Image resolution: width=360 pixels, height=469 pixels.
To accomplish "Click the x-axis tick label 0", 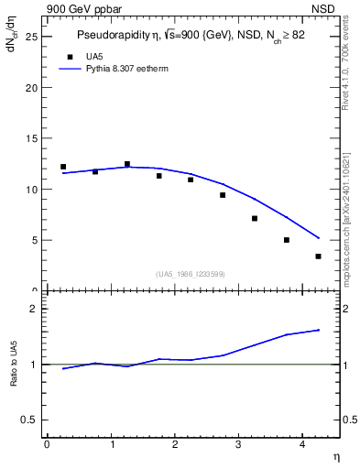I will [47, 444].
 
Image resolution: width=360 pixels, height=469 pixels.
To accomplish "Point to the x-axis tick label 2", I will [174, 444].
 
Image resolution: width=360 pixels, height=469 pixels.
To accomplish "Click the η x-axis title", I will [336, 456].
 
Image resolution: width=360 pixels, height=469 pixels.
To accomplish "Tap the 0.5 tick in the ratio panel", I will [29, 420].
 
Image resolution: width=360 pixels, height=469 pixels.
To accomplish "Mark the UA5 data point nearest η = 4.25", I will [318, 256].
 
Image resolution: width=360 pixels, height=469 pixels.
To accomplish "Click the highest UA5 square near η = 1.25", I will [127, 164].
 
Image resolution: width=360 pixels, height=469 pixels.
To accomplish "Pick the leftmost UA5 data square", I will [63, 167].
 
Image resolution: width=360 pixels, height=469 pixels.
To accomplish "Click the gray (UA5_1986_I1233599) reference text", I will [190, 274].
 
